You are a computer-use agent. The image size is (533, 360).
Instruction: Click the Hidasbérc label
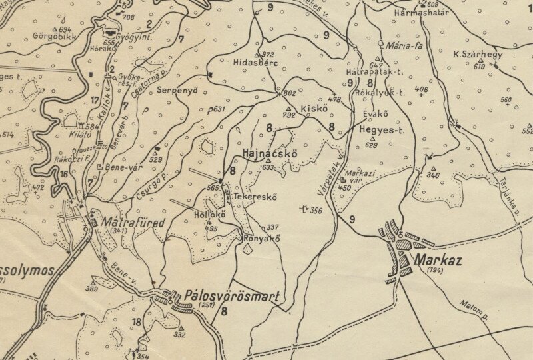pyautogui.click(x=255, y=63)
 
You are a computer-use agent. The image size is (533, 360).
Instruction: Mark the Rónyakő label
pyautogui.click(x=261, y=239)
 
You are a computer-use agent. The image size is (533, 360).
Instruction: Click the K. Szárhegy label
pyautogui.click(x=478, y=55)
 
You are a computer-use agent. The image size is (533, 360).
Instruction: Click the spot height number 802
pyautogui.click(x=290, y=93)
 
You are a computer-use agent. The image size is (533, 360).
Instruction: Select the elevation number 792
pyautogui.click(x=288, y=115)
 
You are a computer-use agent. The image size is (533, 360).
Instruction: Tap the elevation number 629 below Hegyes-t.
pyautogui.click(x=372, y=145)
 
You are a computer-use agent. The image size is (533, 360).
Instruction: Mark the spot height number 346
pyautogui.click(x=433, y=175)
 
